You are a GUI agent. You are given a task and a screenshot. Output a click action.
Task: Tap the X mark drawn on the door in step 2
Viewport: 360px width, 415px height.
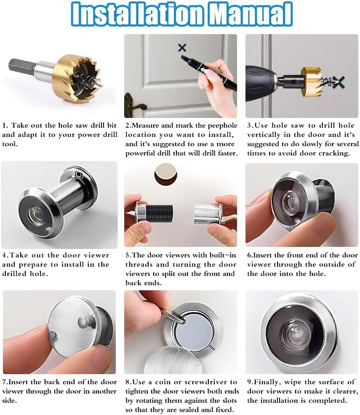(182, 47)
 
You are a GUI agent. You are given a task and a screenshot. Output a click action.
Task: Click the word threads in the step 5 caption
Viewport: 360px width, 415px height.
(138, 264)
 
